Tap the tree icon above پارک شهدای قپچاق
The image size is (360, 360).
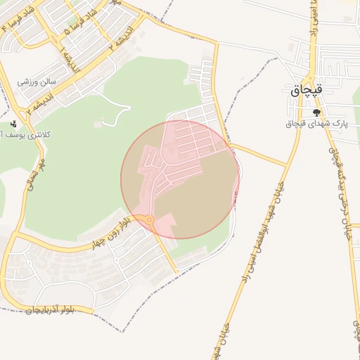[x=316, y=112]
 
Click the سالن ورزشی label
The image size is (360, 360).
[x=37, y=82]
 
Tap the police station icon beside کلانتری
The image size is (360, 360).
[x=12, y=123]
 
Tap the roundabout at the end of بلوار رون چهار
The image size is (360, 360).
[x=150, y=221]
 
